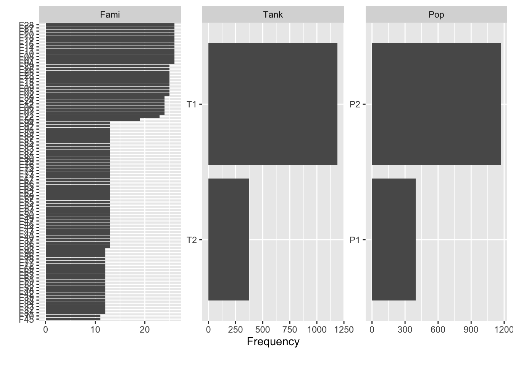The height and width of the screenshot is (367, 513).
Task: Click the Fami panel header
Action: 110,15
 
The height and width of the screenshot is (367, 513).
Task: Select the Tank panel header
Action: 273,15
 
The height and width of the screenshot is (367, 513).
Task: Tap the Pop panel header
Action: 436,15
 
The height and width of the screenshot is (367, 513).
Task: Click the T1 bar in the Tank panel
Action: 273,104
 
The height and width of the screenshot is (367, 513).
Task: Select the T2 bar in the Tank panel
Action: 229,239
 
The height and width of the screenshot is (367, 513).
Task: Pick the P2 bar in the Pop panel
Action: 436,104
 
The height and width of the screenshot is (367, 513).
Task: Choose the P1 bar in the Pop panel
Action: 394,239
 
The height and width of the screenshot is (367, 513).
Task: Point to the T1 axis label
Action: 192,104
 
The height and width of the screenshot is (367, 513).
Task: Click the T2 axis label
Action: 192,240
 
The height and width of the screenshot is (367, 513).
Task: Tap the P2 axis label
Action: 355,104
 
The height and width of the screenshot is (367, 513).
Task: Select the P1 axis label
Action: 355,240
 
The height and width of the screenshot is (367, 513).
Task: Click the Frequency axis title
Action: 273,341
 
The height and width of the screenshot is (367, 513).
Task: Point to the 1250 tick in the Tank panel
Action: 343,330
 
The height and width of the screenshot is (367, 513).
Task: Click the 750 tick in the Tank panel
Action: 290,330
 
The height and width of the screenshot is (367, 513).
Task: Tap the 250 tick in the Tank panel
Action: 236,330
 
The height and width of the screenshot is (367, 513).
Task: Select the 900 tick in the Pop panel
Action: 471,330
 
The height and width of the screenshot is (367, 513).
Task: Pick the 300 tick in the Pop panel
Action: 405,330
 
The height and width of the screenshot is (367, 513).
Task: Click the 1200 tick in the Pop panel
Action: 503,330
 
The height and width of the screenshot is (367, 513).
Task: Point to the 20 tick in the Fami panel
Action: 145,330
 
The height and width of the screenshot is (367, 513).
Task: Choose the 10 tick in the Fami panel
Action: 95,330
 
